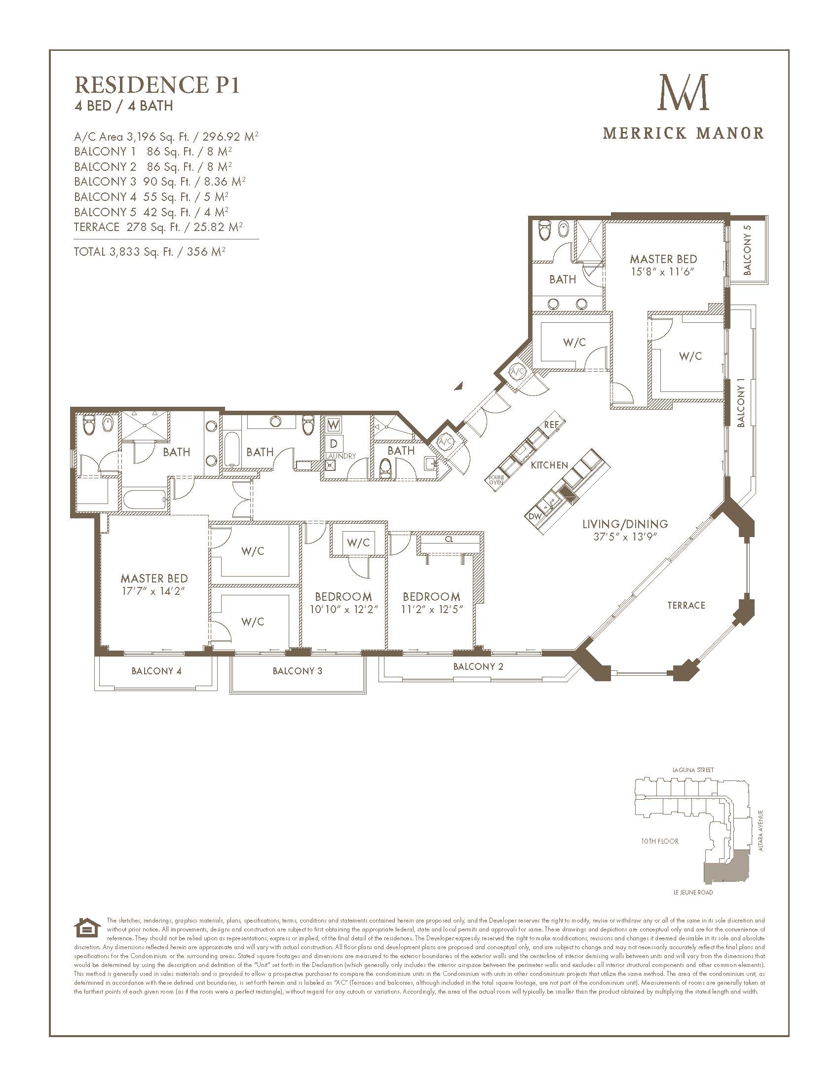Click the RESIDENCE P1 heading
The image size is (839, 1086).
[157, 85]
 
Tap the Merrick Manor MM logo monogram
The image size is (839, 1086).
[684, 92]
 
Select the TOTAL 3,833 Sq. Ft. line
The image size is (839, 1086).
[150, 252]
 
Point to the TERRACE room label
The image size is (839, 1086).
[686, 605]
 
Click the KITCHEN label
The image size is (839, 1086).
[549, 465]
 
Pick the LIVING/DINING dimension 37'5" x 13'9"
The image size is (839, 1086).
[625, 538]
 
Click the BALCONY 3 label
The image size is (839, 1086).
[297, 671]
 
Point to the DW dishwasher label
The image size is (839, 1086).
[535, 516]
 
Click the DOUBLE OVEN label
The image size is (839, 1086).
[496, 480]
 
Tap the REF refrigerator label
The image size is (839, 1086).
[551, 425]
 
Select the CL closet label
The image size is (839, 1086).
[449, 539]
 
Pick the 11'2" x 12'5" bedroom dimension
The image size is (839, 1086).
[431, 609]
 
